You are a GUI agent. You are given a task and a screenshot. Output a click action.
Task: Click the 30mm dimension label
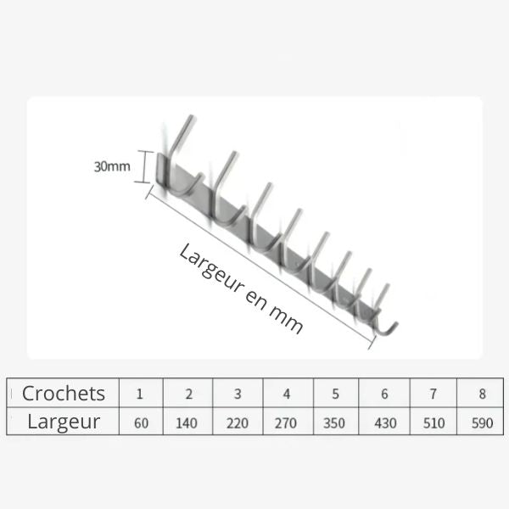tap(112, 166)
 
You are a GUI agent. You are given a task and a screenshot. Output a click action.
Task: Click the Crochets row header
tap(64, 393)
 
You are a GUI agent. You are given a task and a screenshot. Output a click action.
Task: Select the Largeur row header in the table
tap(64, 422)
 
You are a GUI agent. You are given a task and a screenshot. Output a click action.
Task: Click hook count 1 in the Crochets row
tap(140, 394)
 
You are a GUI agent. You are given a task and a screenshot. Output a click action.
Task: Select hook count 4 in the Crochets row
tap(287, 394)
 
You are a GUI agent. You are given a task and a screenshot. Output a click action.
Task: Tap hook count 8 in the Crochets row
tap(483, 394)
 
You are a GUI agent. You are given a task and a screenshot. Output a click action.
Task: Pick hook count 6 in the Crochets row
tap(384, 394)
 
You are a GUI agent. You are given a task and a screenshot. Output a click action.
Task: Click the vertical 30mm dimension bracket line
tap(144, 166)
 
